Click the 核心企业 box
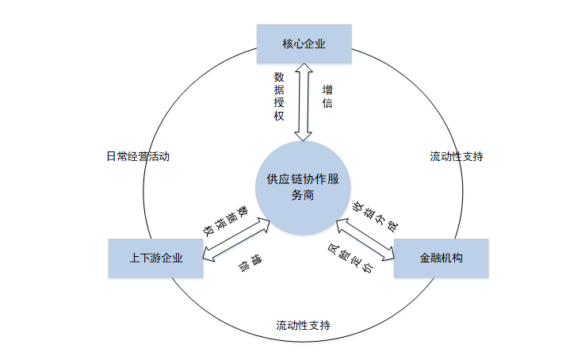pos(304,44)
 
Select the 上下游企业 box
pos(155,259)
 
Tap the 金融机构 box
pos(441,259)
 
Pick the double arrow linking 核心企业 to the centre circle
pos(303,103)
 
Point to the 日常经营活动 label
pos(138,156)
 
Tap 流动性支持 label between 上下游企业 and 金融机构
pos(304,325)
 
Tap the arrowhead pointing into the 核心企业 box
pos(303,71)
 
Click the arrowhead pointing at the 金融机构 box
pos(388,255)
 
